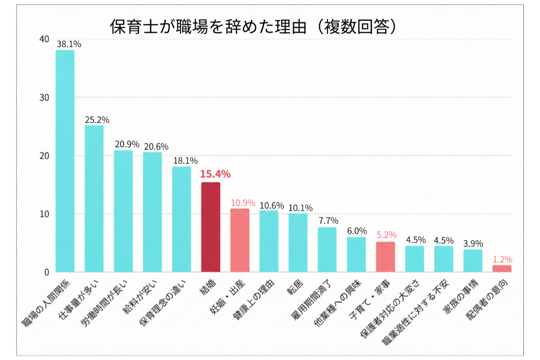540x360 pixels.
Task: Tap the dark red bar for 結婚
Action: [211, 227]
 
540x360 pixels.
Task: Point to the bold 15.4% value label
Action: [215, 174]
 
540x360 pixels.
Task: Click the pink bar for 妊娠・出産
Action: [240, 240]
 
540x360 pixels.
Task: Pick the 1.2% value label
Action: [502, 260]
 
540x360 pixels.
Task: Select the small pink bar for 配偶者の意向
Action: [502, 269]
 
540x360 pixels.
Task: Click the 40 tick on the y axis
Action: [44, 40]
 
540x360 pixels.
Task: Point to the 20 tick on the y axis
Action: [44, 156]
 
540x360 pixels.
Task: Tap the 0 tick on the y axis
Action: [46, 272]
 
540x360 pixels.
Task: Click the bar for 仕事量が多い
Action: [94, 198]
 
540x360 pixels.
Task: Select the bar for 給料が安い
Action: [153, 212]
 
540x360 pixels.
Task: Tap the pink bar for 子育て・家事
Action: [386, 257]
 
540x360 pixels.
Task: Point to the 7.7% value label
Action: [328, 221]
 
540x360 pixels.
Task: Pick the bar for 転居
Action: [298, 243]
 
